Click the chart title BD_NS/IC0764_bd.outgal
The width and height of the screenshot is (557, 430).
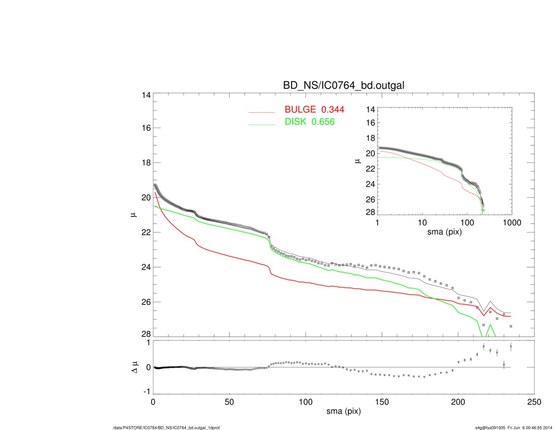[343, 86]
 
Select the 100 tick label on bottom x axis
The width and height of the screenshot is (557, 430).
[305, 403]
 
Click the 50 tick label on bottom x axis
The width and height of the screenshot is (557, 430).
[229, 403]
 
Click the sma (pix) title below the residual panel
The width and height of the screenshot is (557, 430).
[343, 413]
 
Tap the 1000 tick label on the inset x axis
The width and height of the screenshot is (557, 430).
[511, 223]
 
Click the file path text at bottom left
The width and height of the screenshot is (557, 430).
[166, 428]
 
